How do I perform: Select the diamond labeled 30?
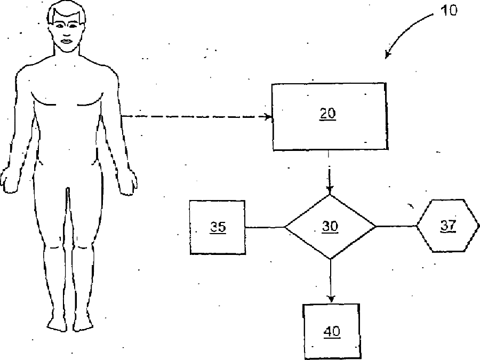(x=330, y=227)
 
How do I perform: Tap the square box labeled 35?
(x=218, y=227)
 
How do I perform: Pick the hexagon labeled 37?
(x=447, y=226)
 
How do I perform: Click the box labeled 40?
(x=331, y=331)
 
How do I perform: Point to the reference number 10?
(x=449, y=10)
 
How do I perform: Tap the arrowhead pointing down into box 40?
(x=331, y=299)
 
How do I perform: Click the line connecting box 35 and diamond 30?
(x=265, y=227)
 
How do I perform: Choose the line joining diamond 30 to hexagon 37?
(x=396, y=226)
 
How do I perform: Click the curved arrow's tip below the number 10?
(x=388, y=56)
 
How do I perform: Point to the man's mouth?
(x=67, y=41)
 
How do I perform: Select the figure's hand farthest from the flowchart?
(x=9, y=181)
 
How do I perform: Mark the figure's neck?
(x=67, y=56)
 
